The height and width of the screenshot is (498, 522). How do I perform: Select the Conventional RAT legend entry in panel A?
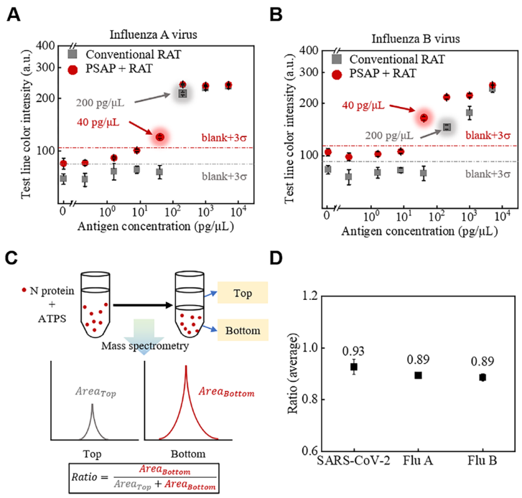point(133,54)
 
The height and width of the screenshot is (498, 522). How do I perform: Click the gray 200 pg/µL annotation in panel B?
point(389,135)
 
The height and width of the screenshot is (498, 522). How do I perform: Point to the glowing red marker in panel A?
point(159,136)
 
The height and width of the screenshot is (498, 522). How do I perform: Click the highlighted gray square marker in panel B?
point(446,126)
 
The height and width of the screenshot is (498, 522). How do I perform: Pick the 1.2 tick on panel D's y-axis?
point(310,296)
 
